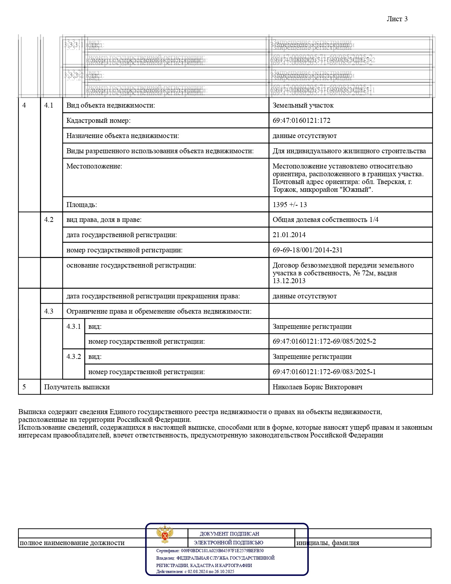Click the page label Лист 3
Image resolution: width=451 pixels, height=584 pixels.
point(397,19)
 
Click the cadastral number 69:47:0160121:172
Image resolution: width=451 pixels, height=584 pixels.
point(301,121)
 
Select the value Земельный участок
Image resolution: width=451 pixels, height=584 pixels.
point(303,105)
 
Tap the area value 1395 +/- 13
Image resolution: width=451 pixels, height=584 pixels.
point(290,205)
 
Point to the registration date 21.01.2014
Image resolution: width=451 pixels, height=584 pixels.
point(289,235)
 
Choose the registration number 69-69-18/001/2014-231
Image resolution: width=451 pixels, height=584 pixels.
point(307,250)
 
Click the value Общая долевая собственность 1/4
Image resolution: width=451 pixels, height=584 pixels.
point(325,220)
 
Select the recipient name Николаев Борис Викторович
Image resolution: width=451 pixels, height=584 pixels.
point(317,387)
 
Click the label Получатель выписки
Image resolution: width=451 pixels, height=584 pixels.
point(77,387)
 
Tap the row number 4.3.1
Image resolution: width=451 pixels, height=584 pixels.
point(74,327)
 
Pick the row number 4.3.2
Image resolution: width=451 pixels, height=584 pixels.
point(74,357)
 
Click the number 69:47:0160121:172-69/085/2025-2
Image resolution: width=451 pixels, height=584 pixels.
point(324,342)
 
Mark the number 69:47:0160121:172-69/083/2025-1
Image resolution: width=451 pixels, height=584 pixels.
point(324,372)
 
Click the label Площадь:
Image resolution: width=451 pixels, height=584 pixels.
point(82,205)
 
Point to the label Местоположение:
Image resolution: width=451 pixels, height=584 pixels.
point(94,166)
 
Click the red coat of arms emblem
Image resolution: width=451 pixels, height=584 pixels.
point(165,534)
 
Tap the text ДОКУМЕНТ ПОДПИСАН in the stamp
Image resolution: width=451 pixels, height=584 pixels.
point(229,534)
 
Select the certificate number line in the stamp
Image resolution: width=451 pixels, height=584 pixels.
point(210,551)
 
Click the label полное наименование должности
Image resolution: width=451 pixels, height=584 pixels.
point(72,543)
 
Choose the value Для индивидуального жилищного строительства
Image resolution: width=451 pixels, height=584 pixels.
point(349,151)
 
